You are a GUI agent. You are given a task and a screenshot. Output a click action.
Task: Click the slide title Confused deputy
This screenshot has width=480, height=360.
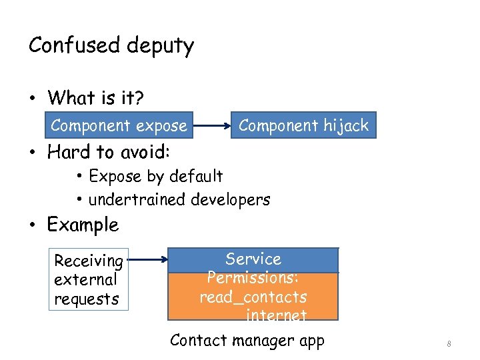111,46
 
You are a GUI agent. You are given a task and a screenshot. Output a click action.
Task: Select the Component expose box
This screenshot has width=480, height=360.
119,125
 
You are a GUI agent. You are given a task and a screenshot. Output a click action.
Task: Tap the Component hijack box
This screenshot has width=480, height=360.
303,125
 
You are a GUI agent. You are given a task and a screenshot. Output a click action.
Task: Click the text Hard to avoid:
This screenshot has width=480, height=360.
109,152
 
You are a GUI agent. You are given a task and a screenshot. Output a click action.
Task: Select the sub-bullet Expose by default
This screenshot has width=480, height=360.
155,176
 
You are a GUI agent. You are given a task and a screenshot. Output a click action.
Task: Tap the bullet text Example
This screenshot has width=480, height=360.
83,225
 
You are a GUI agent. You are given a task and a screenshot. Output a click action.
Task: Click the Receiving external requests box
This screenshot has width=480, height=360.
89,280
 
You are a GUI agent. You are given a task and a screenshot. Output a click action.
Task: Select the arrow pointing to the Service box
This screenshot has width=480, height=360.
147,260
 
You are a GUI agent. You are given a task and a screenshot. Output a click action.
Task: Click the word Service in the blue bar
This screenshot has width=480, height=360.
253,259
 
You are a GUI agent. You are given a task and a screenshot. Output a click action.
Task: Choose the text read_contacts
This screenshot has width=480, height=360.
253,297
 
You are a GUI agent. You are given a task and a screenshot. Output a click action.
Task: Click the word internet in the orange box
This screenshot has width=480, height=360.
276,315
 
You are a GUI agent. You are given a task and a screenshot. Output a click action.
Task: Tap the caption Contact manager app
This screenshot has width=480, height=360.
247,341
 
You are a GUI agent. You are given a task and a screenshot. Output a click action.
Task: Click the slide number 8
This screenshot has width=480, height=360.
449,344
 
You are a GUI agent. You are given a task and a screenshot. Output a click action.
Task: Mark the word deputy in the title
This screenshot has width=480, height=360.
159,47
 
